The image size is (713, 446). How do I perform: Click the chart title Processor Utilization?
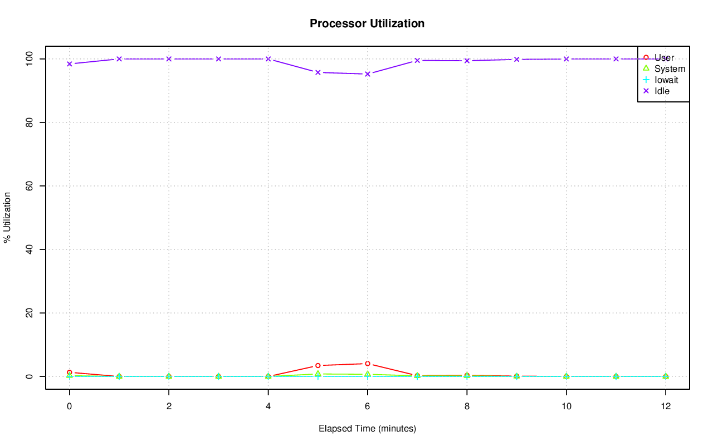click(367, 23)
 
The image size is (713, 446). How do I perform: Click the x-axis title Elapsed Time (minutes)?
click(367, 429)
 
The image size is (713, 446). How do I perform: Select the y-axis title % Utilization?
click(8, 217)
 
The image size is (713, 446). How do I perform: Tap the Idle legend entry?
click(662, 91)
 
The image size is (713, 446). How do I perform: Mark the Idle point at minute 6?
click(368, 74)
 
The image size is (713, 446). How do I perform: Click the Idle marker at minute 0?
click(70, 63)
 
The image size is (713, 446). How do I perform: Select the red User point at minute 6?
click(368, 364)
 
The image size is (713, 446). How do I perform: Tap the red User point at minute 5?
click(318, 365)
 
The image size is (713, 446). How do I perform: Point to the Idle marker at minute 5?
click(318, 72)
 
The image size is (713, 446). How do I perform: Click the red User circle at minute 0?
click(70, 372)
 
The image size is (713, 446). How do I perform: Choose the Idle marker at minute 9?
click(516, 59)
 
